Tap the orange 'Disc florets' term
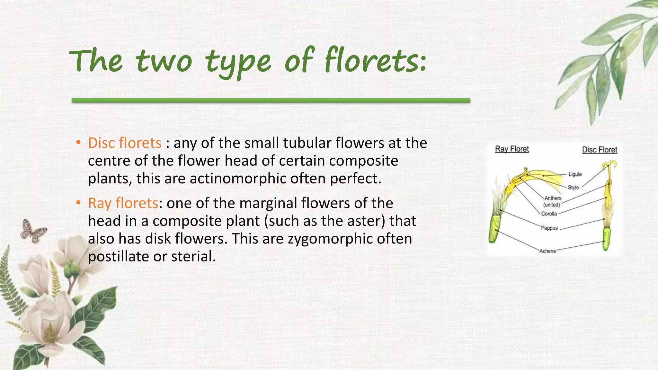[125, 143]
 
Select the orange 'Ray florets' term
[123, 203]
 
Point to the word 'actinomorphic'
[238, 179]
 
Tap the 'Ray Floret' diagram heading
[512, 149]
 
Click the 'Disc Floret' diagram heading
[600, 150]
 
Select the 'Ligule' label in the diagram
[575, 174]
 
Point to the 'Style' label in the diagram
[573, 187]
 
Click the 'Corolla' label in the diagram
[549, 214]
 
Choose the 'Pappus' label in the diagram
[549, 228]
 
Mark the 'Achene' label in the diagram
[547, 251]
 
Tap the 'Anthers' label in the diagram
[553, 198]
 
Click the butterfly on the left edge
[33, 230]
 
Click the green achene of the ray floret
[494, 229]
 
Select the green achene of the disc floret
[606, 239]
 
